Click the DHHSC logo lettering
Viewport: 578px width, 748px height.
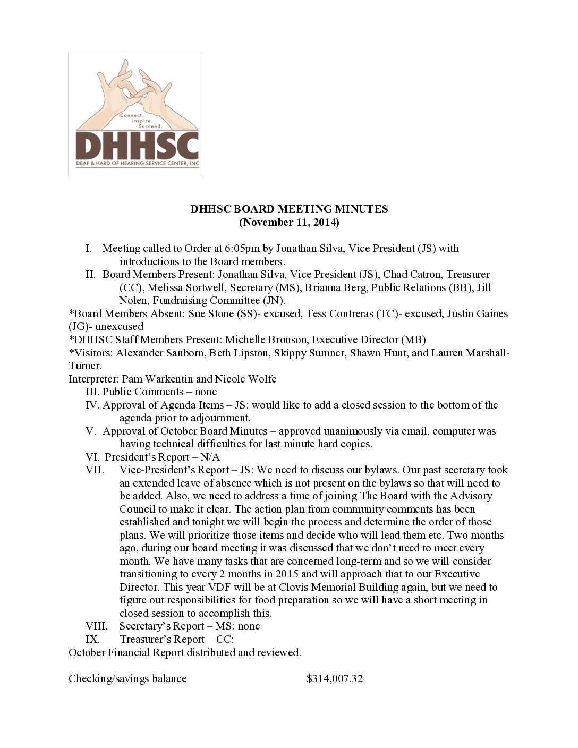tap(137, 144)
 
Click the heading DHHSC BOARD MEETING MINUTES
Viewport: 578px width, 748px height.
tap(289, 209)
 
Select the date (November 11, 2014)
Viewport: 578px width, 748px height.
tap(289, 222)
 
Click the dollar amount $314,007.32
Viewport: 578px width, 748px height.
tap(335, 678)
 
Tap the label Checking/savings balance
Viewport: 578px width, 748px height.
tap(127, 678)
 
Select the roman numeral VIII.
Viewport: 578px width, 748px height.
tap(96, 626)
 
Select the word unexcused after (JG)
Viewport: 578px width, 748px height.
tap(119, 326)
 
